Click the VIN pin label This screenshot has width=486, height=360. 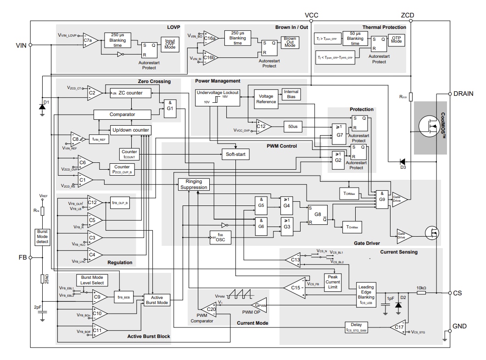click(x=21, y=45)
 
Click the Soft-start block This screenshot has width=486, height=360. click(x=236, y=154)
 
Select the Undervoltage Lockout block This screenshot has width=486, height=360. click(x=218, y=98)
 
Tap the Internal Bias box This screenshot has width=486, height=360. click(x=291, y=95)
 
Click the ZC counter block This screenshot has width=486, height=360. click(x=130, y=93)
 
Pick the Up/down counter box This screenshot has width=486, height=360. click(x=130, y=130)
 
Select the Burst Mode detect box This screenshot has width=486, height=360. click(x=42, y=238)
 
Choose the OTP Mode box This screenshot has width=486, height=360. click(x=396, y=41)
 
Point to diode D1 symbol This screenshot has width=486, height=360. click(x=42, y=107)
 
